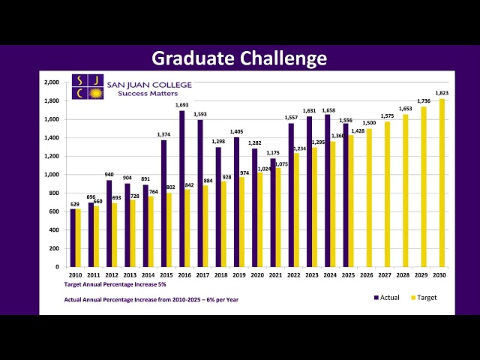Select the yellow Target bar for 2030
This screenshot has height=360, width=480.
pyautogui.click(x=442, y=183)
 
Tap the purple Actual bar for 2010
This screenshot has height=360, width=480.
pyautogui.click(x=73, y=238)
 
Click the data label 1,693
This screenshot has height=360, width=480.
pyautogui.click(x=182, y=106)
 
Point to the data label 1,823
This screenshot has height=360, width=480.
pyautogui.click(x=442, y=93)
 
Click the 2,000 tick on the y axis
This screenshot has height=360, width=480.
pyautogui.click(x=52, y=82)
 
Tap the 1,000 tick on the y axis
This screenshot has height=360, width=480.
pyautogui.click(x=52, y=175)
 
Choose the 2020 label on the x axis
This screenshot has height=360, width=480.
pyautogui.click(x=258, y=275)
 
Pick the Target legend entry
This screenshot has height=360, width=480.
pyautogui.click(x=424, y=298)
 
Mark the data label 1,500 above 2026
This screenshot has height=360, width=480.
pyautogui.click(x=369, y=123)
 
